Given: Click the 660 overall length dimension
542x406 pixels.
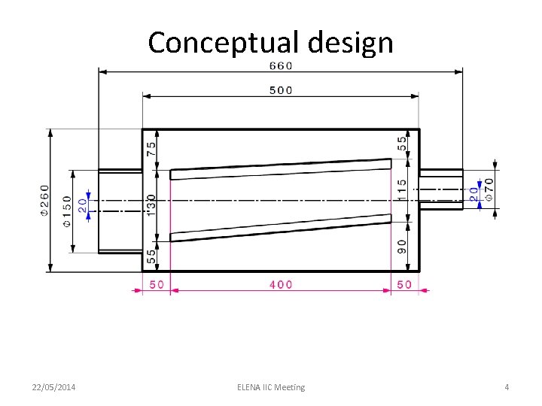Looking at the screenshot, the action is click(x=281, y=65).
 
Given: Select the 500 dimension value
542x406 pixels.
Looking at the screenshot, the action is click(x=281, y=90).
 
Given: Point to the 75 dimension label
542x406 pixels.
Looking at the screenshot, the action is click(x=152, y=149).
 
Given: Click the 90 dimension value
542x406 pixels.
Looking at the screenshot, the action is click(x=402, y=246).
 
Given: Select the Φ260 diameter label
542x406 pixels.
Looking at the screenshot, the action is click(x=44, y=200).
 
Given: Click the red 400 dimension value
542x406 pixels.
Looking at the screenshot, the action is click(x=281, y=284).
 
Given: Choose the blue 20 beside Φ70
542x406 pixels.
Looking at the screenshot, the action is click(x=474, y=192).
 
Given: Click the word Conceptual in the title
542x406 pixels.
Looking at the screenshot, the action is click(x=221, y=43).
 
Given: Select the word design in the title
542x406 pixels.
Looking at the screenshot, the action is click(x=349, y=43).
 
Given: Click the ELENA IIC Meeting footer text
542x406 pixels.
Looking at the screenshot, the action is click(x=271, y=387).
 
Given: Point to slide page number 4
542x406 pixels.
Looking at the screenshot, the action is click(x=507, y=387).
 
